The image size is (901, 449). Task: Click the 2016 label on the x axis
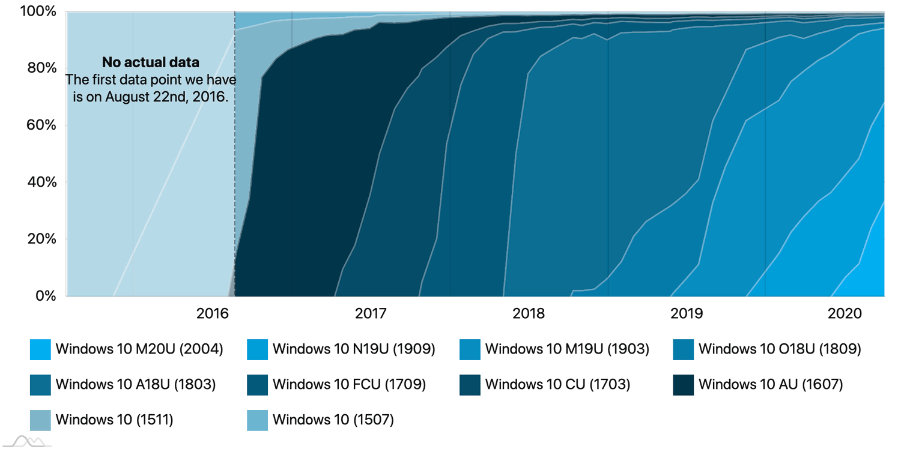[x=213, y=313]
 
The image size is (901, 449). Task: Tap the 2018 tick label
[x=529, y=313]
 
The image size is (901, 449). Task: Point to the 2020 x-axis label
[x=844, y=313]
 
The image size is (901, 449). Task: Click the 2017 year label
[x=371, y=313]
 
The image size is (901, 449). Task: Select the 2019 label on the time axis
[x=687, y=313]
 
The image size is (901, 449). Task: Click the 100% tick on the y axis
[x=40, y=11]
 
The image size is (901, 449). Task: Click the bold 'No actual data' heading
[x=150, y=62]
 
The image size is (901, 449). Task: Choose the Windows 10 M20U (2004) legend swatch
[x=40, y=349]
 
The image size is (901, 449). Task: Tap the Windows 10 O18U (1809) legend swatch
[x=684, y=349]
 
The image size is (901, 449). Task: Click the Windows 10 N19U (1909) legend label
[x=353, y=349]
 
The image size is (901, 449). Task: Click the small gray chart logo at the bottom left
[x=30, y=442]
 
